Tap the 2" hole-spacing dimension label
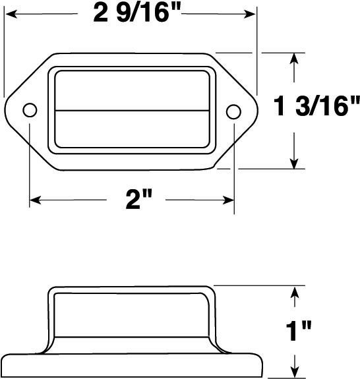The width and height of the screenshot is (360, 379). [x=139, y=200]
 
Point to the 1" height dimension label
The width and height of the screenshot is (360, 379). [x=299, y=331]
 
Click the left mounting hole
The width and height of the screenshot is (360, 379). [x=30, y=110]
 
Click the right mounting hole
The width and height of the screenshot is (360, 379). [x=233, y=111]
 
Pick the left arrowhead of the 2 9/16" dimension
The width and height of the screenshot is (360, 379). [x=12, y=14]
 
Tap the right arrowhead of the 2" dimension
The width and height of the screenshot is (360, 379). [x=228, y=200]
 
